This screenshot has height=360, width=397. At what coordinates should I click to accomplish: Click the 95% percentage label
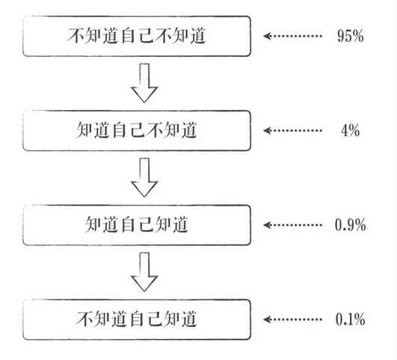[350, 35]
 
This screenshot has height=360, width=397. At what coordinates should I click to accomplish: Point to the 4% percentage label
[350, 130]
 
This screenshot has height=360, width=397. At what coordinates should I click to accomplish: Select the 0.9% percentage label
[350, 225]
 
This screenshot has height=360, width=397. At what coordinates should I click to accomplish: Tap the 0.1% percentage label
[350, 320]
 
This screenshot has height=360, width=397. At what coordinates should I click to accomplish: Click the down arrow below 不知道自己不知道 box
[144, 82]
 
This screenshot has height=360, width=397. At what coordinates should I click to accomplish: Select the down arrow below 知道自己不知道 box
[144, 177]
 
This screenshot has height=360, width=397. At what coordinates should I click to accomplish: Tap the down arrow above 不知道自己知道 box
[144, 271]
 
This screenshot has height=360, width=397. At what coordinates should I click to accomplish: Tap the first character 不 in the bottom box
[84, 319]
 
